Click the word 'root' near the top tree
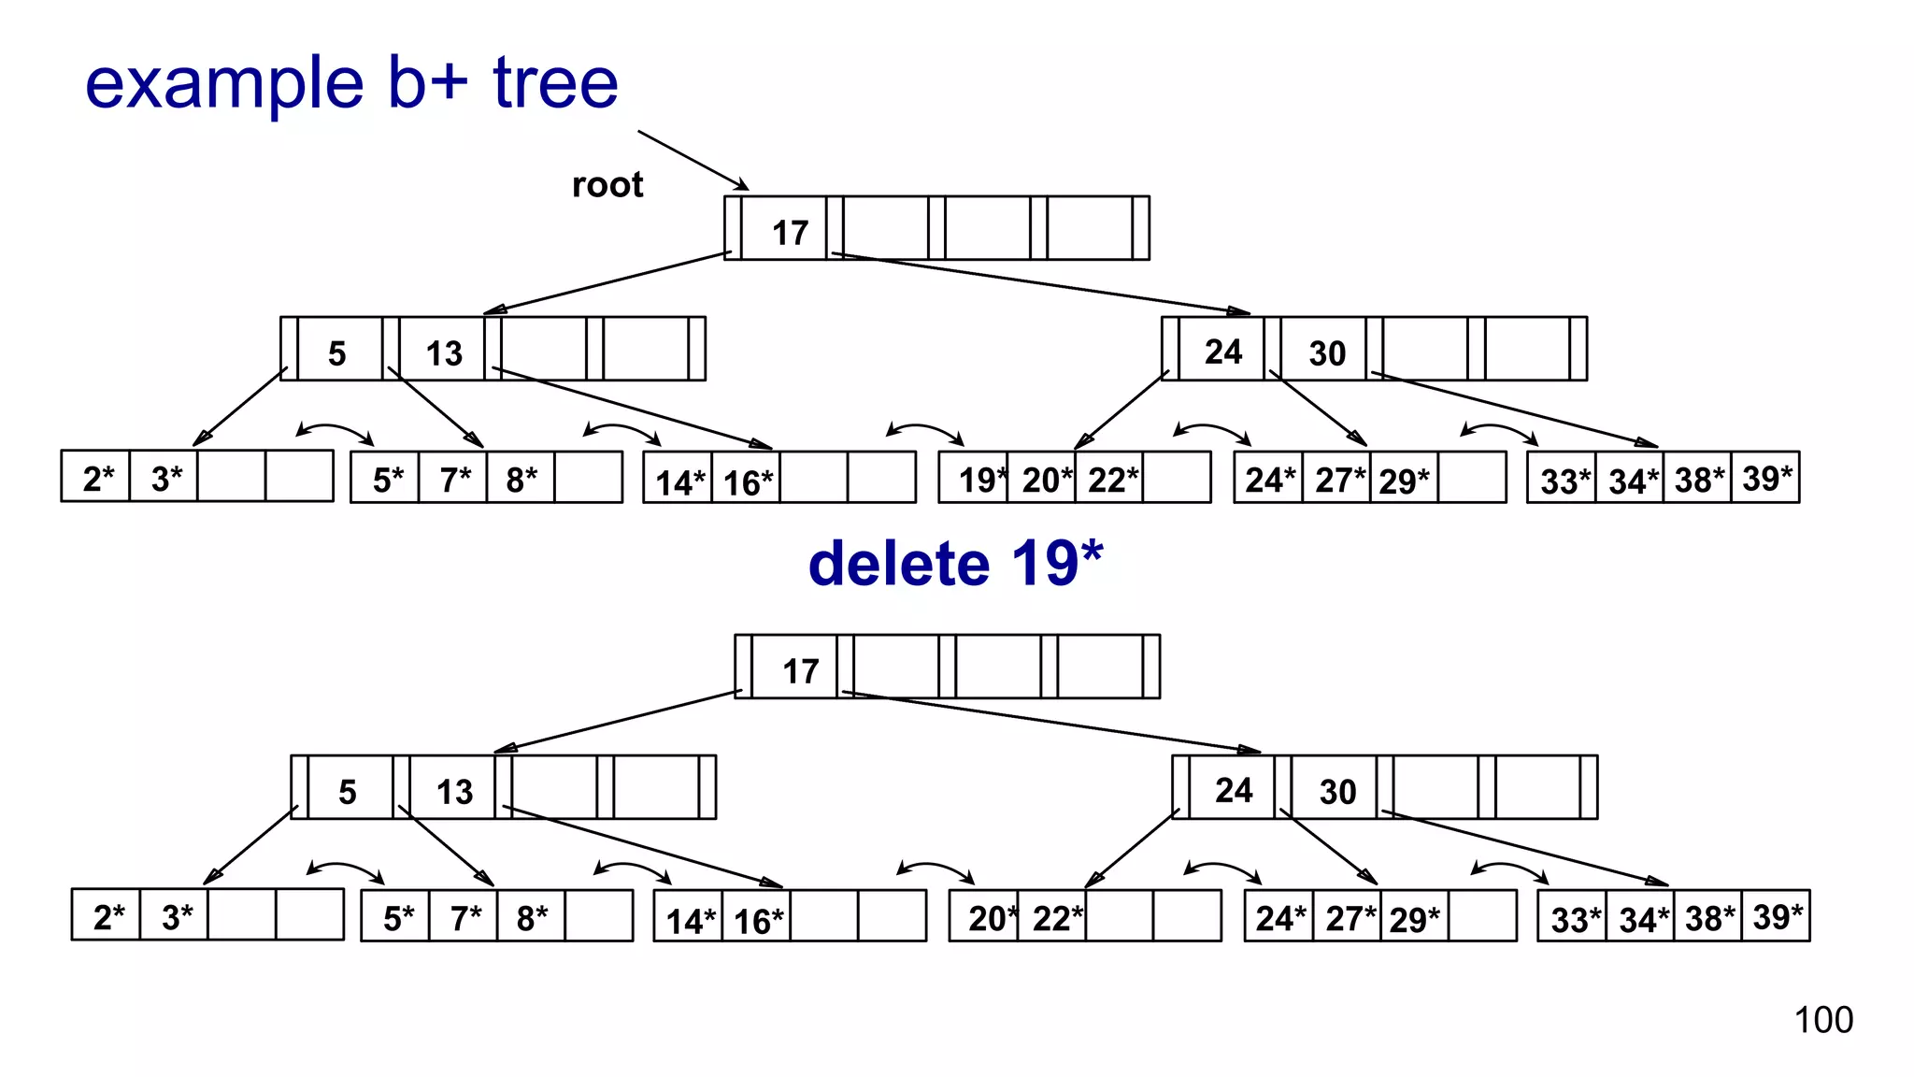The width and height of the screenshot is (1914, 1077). pos(607,185)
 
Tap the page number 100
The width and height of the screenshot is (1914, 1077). pos(1822,1020)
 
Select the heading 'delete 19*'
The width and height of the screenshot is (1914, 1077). pos(955,564)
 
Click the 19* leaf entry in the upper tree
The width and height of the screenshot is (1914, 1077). pos(978,480)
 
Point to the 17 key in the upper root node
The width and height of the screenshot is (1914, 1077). pos(790,233)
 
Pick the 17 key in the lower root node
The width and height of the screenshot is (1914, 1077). pos(800,671)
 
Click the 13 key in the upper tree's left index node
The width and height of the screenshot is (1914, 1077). pos(444,353)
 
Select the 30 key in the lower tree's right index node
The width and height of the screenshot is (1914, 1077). pos(1337,792)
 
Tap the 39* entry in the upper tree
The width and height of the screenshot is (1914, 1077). pos(1766,479)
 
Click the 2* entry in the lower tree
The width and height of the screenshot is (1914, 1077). pos(107,917)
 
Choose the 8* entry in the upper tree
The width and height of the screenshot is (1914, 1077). pos(521,480)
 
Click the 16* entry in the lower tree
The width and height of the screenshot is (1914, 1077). pos(758,921)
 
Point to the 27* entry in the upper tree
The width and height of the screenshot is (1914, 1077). pos(1338,481)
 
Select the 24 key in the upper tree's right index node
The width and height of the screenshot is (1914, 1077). pos(1223,352)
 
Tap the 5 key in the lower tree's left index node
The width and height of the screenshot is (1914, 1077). pos(348,792)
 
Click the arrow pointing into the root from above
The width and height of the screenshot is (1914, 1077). pos(692,160)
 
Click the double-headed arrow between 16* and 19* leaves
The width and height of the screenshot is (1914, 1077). pos(923,431)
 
